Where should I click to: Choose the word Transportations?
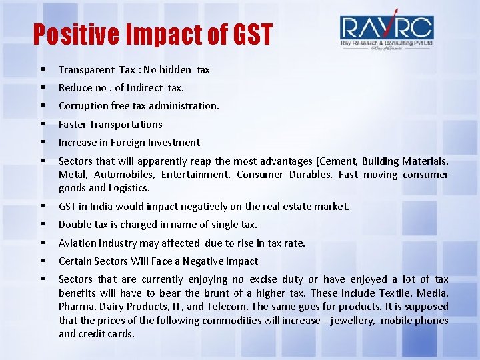(126, 125)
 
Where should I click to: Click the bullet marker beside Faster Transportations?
(42, 125)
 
